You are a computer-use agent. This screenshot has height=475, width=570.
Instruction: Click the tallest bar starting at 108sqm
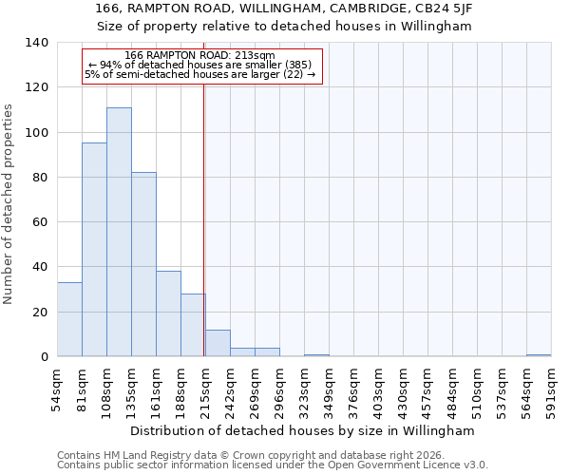(119, 232)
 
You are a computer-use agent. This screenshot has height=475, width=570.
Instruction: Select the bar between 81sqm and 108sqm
(94, 250)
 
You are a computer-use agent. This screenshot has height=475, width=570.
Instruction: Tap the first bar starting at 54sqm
(69, 319)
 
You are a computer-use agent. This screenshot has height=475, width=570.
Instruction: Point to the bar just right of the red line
(218, 343)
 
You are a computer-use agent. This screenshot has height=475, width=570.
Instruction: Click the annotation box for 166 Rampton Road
(202, 65)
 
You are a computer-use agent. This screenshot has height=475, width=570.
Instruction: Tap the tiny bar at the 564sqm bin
(539, 354)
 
